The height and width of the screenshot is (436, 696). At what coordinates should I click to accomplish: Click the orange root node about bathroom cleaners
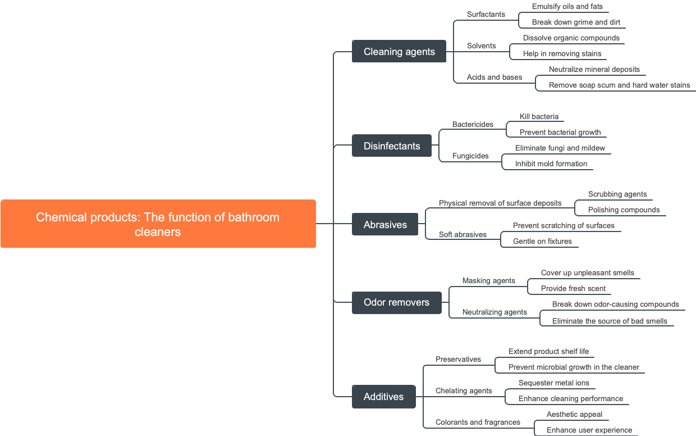pyautogui.click(x=158, y=224)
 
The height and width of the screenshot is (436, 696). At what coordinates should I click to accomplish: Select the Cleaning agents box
pyautogui.click(x=399, y=52)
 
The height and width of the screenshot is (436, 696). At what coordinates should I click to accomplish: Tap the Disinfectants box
pyautogui.click(x=392, y=146)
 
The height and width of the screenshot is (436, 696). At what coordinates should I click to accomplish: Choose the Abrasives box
pyautogui.click(x=385, y=225)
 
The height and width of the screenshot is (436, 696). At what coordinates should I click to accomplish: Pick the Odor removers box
pyautogui.click(x=396, y=302)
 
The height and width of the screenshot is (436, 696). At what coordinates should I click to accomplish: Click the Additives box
pyautogui.click(x=383, y=397)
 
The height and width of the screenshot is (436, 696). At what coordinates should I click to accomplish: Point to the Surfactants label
pyautogui.click(x=486, y=15)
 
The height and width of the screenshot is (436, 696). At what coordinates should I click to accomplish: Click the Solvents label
pyautogui.click(x=481, y=46)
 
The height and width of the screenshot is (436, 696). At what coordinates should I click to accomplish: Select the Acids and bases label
pyautogui.click(x=494, y=78)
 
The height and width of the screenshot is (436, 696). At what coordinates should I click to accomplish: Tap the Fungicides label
pyautogui.click(x=470, y=156)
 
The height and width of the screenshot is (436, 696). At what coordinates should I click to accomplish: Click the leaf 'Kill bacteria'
pyautogui.click(x=539, y=117)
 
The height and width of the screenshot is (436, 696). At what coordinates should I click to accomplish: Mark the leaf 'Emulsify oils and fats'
pyautogui.click(x=568, y=7)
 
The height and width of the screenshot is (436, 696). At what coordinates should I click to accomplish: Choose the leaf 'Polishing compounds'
pyautogui.click(x=624, y=210)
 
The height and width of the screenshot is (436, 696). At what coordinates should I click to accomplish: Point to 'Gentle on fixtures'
pyautogui.click(x=542, y=242)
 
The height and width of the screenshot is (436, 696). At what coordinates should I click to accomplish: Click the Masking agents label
pyautogui.click(x=488, y=281)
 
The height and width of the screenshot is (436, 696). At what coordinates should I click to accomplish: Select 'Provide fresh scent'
pyautogui.click(x=573, y=289)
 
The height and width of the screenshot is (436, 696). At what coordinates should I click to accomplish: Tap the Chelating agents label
pyautogui.click(x=464, y=391)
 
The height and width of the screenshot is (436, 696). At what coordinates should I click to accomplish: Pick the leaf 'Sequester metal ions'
pyautogui.click(x=553, y=383)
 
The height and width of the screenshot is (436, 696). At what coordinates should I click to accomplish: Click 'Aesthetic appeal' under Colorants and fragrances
pyautogui.click(x=574, y=415)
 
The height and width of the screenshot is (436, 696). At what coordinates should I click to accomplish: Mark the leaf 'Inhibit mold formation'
pyautogui.click(x=551, y=164)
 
